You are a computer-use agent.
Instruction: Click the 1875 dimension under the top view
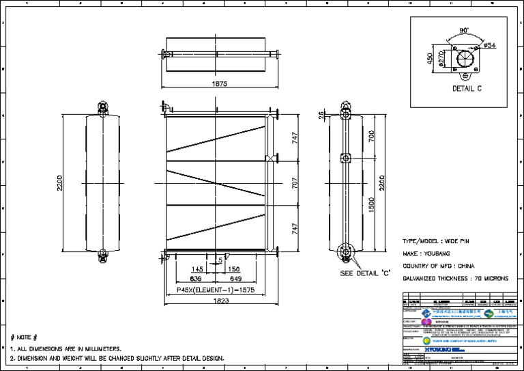pos(219,84)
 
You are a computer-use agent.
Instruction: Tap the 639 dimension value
pos(196,279)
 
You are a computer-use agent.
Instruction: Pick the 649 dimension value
pos(235,279)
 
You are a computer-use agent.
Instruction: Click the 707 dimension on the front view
pos(295,184)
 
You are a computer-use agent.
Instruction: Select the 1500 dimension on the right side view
pos(371,205)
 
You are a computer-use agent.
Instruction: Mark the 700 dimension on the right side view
pos(371,137)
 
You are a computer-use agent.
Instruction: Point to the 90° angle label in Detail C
pos(464,31)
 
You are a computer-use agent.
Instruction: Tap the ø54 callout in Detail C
pos(489,45)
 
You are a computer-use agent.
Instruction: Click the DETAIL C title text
pos(467,89)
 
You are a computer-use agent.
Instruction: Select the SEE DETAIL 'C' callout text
pos(364,273)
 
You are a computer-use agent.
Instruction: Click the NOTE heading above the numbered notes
pos(24,338)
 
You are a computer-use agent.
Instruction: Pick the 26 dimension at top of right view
pos(322,115)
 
